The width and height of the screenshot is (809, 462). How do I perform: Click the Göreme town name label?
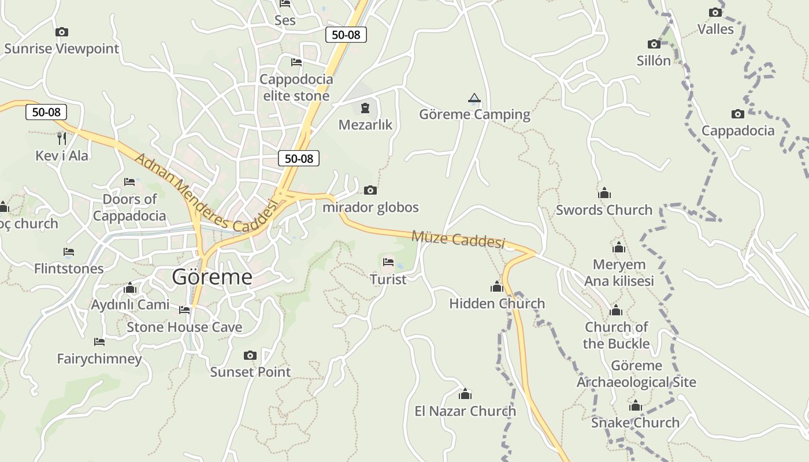coord(212,277)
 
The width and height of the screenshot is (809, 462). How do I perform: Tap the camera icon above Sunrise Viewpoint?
coord(62,32)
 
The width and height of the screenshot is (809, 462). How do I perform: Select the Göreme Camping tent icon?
coord(474,98)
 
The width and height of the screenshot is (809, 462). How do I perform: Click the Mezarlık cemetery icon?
coord(365,108)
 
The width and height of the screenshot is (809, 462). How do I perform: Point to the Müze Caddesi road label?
coord(458,239)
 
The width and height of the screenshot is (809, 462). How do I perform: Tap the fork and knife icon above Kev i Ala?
coord(62,139)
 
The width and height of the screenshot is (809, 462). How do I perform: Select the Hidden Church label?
coord(497,303)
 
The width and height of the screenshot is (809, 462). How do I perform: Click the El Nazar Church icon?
coord(465,394)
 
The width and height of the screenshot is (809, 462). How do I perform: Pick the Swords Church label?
coord(604,210)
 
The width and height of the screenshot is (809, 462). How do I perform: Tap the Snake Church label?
coord(635,423)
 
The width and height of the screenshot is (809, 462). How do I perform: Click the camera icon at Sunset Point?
coord(250,355)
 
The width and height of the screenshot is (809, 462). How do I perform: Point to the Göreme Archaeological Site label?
coord(636,374)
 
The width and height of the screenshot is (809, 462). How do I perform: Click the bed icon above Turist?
coord(388,262)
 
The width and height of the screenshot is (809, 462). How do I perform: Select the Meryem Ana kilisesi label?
coord(619,273)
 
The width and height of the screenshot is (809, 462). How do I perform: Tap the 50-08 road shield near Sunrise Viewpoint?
coord(46,112)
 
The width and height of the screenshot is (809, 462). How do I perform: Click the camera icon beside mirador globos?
coord(370,190)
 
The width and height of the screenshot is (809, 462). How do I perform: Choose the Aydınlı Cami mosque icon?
coord(130,288)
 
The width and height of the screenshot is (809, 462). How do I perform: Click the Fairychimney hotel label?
coord(99,359)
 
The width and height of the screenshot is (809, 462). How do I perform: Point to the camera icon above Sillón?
coord(654,44)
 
